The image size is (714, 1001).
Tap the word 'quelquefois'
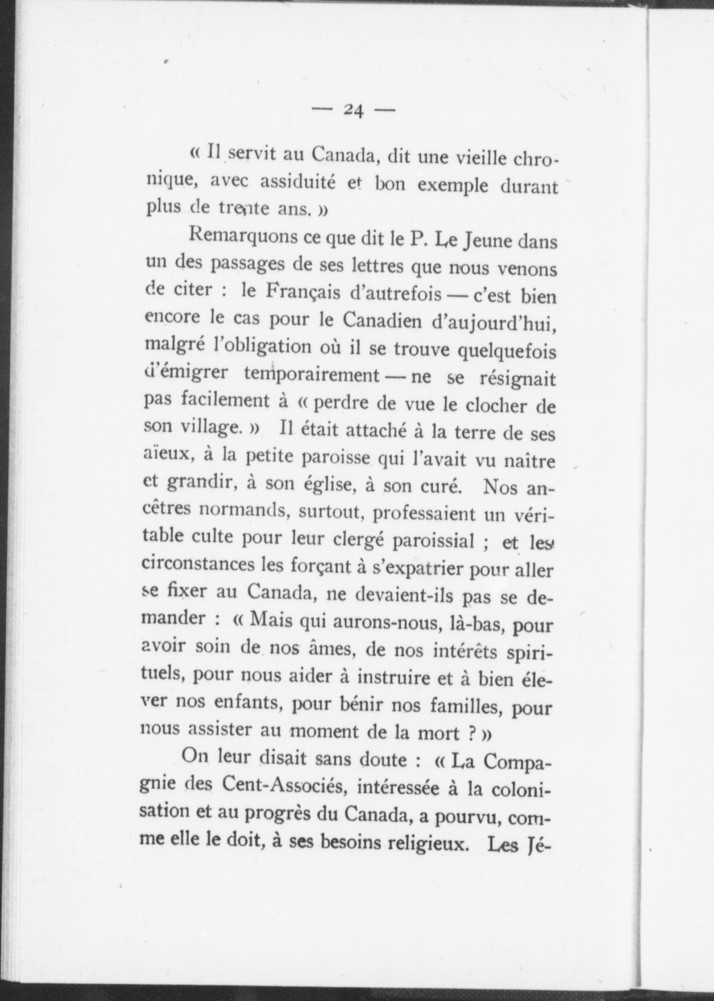pyautogui.click(x=507, y=351)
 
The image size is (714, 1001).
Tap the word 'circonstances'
pyautogui.click(x=198, y=565)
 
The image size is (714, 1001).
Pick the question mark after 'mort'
pyautogui.click(x=469, y=733)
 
